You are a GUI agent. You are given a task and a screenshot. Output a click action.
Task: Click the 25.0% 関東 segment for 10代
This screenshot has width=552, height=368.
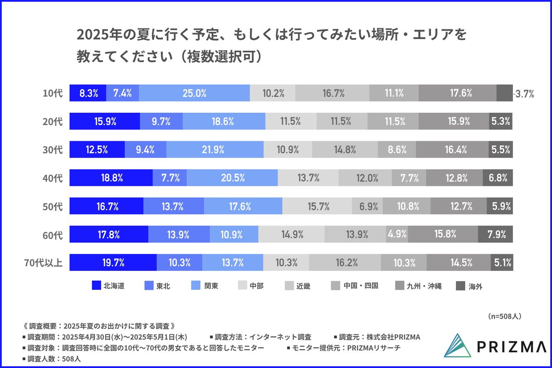coord(194,93)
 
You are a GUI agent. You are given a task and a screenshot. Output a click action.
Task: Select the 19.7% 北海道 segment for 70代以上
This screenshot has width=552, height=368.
coord(113,263)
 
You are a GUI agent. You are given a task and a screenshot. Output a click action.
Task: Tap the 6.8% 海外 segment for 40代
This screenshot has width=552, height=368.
coord(498,178)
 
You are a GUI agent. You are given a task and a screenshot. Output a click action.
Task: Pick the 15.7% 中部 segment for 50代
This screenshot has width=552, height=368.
coord(317,207)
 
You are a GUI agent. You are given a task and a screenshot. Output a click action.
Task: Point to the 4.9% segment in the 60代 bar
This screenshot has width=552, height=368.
coord(397,235)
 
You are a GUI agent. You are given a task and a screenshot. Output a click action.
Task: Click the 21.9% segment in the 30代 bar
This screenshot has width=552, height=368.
coord(215,150)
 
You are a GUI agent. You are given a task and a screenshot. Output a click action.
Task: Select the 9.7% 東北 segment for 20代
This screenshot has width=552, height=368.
coord(161,122)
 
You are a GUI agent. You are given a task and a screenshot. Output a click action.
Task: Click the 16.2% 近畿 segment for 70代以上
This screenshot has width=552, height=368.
coord(345,263)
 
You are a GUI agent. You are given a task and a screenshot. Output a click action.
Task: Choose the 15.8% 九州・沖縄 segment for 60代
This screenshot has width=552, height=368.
coord(443,235)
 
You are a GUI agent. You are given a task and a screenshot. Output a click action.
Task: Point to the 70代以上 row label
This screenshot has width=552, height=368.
coord(43,263)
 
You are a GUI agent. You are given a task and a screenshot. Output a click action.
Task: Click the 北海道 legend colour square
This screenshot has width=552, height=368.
coord(96,286)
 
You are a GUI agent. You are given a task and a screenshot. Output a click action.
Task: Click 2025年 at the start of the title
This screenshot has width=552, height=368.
coord(96,36)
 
